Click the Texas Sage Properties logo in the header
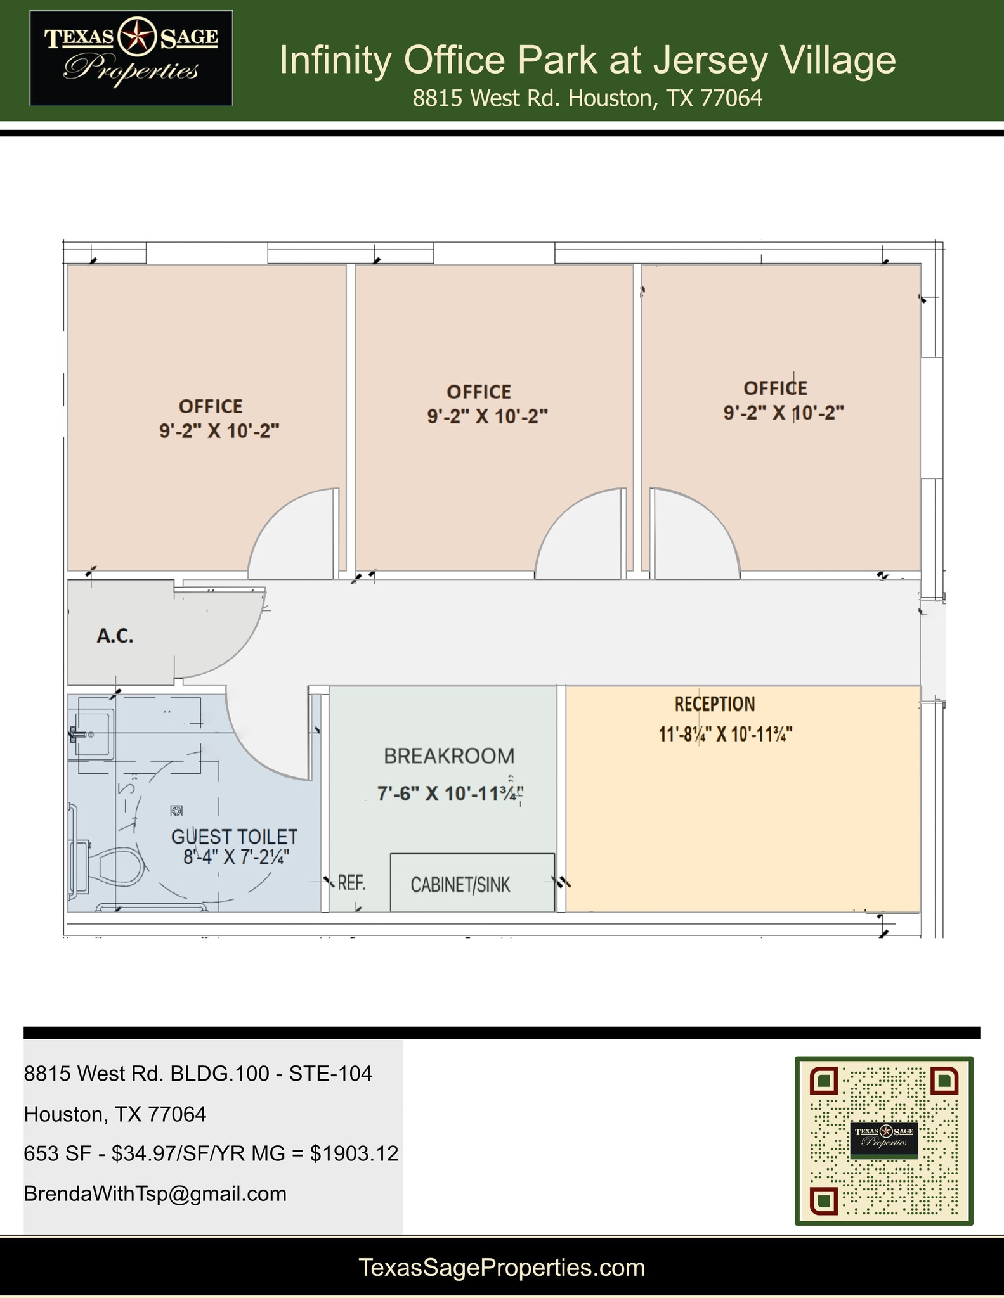[131, 58]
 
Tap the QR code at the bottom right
[883, 1140]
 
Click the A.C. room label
[115, 636]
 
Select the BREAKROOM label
[449, 755]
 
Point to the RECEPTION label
[715, 704]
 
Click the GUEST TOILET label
[234, 837]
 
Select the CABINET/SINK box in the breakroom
[473, 883]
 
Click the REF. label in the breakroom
[351, 882]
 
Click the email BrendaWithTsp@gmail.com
[155, 1193]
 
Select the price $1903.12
[354, 1153]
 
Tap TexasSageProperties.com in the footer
[502, 1267]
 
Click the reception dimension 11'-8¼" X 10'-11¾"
[726, 735]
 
